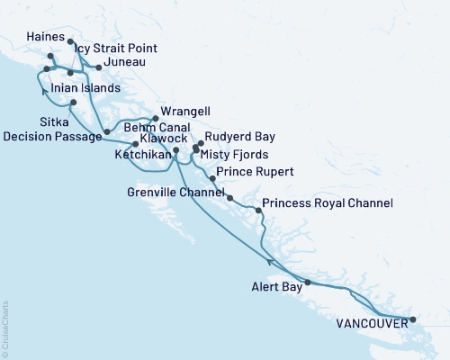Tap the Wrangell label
click(185, 112)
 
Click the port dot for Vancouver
click(413, 319)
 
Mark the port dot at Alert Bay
click(308, 283)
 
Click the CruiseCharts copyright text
click(5, 324)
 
